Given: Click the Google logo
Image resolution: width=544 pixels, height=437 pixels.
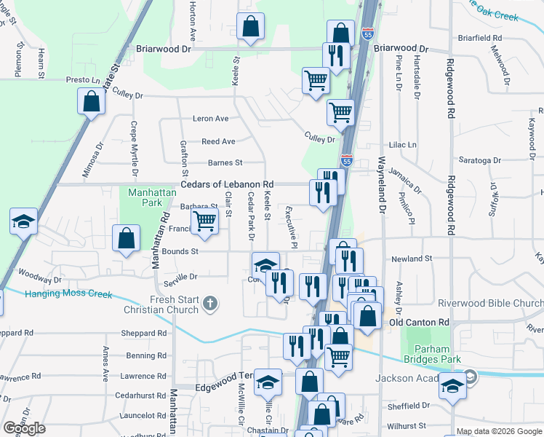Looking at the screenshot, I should click(24, 428).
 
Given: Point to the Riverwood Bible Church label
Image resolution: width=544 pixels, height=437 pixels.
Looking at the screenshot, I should click(490, 303).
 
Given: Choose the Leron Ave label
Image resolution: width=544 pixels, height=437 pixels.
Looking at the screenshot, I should click(210, 118).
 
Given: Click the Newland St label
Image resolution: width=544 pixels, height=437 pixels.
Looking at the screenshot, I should click(412, 258).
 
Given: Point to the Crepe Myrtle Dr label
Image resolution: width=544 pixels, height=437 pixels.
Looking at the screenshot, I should click(134, 149).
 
